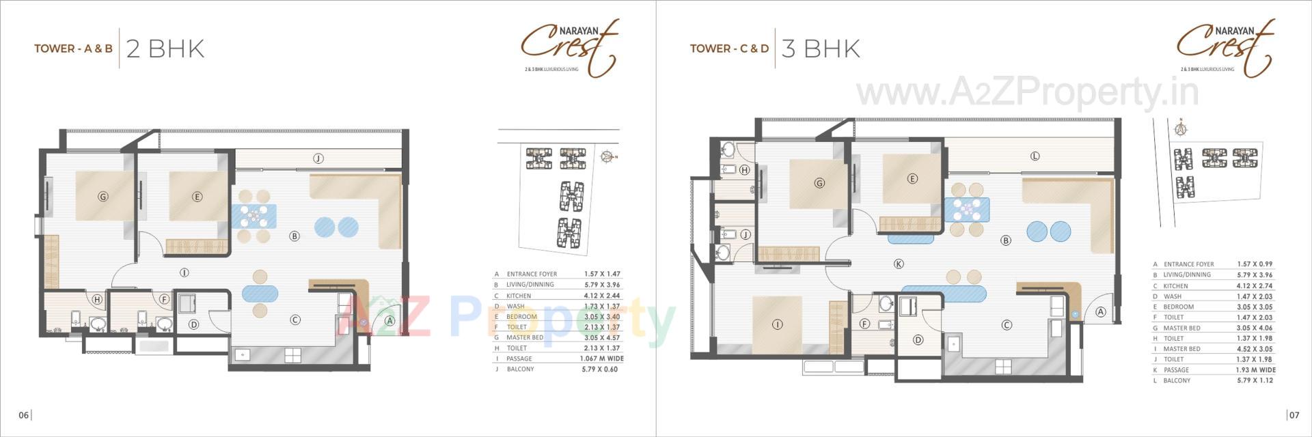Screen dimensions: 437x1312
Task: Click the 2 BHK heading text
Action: point(165,49)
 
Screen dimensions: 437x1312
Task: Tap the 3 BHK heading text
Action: point(821,49)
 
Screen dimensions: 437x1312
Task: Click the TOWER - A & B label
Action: point(73,49)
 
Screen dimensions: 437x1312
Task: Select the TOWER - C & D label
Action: point(729,49)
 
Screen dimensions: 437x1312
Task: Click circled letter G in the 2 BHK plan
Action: point(103,197)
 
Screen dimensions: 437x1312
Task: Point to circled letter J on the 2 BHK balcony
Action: point(318,158)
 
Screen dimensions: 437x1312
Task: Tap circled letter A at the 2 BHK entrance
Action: point(389,320)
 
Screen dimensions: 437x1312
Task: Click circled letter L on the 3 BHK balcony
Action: point(1035,156)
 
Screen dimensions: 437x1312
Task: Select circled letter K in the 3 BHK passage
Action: point(899,264)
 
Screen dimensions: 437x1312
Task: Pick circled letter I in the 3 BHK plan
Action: point(777,325)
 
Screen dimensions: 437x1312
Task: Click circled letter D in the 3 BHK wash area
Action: point(918,340)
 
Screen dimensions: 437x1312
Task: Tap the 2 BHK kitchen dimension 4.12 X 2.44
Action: point(601,296)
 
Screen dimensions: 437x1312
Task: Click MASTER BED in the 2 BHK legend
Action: point(525,337)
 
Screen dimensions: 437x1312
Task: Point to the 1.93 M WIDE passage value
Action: point(1255,370)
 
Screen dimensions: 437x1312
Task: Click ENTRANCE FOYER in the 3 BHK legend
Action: point(1188,264)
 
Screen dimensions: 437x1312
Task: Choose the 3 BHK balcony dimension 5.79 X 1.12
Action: point(1255,380)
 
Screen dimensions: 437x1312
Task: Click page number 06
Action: point(24,415)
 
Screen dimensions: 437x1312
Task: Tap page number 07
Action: point(1294,415)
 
